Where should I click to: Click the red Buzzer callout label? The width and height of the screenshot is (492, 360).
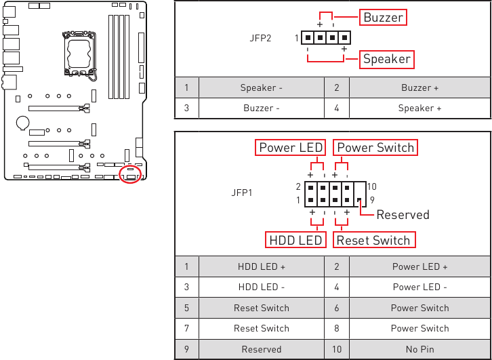pyautogui.click(x=383, y=18)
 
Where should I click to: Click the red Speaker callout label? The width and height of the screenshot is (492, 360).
pyautogui.click(x=386, y=59)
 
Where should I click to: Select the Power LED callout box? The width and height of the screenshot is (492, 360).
pyautogui.click(x=291, y=148)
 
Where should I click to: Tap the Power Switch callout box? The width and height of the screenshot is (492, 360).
pyautogui.click(x=375, y=148)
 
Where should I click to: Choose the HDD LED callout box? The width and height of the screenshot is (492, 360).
pyautogui.click(x=295, y=240)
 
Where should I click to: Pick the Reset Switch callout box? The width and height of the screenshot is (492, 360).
pyautogui.click(x=373, y=240)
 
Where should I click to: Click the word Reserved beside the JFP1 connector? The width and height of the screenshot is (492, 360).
pyautogui.click(x=403, y=215)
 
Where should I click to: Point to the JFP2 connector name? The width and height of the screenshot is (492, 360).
pyautogui.click(x=260, y=38)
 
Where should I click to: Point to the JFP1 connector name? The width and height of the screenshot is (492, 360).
pyautogui.click(x=242, y=193)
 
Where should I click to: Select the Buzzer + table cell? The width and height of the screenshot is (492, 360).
pyautogui.click(x=419, y=87)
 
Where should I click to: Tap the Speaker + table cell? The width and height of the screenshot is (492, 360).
pyautogui.click(x=419, y=108)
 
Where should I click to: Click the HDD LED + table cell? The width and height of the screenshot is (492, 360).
pyautogui.click(x=261, y=266)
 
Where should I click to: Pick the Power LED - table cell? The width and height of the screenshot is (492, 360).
pyautogui.click(x=419, y=287)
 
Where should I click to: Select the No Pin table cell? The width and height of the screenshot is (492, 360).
pyautogui.click(x=419, y=349)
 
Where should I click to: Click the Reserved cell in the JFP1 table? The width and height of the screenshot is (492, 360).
pyautogui.click(x=261, y=349)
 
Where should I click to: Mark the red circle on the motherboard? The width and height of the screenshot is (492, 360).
pyautogui.click(x=129, y=174)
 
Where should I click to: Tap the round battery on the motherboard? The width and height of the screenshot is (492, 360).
pyautogui.click(x=23, y=122)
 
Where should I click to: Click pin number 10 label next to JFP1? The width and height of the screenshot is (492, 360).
pyautogui.click(x=371, y=186)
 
